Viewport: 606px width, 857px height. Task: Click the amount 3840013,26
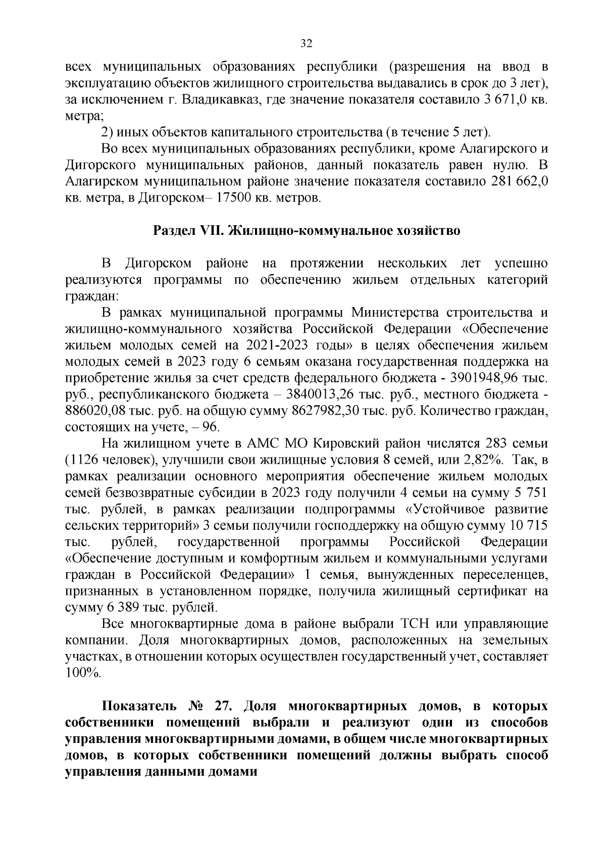pos(321,394)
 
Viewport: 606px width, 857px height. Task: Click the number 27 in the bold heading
pos(222,706)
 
